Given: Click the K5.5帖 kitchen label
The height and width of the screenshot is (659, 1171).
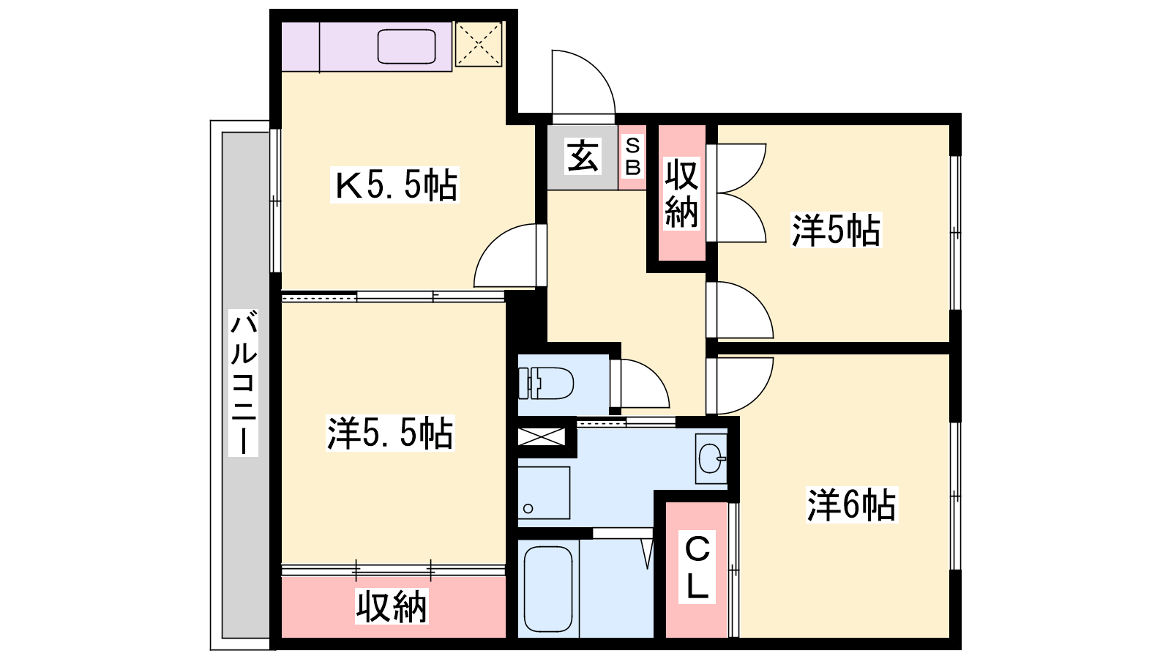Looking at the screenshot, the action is tap(395, 185).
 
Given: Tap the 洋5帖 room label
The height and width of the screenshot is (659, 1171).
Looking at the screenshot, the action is tap(836, 231).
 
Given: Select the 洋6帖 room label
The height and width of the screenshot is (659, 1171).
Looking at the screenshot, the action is tap(852, 505).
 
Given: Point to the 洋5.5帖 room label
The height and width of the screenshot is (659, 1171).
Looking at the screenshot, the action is tap(390, 433).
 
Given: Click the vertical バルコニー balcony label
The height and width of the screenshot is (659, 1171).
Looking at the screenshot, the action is tap(244, 382).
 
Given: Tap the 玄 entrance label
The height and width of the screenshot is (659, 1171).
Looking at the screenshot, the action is tap(583, 156).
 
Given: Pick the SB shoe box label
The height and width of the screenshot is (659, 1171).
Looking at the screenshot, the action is tap(632, 157).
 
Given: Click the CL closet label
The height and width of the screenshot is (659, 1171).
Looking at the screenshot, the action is tap(697, 567).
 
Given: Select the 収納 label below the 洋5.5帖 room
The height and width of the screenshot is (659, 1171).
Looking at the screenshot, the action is tap(392, 606).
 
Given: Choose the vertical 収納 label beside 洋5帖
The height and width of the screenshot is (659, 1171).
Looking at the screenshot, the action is tap(681, 193).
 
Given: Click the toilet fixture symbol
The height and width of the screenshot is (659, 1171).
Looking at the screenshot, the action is tap(546, 384).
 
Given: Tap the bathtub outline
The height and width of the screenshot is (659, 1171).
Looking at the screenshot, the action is tap(548, 589).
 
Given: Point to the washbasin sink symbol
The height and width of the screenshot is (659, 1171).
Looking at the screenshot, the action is tap(711, 458).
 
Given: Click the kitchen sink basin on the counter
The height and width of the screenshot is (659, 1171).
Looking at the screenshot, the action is tap(407, 47).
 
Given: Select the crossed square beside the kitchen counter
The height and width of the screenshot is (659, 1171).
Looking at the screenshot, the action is tap(479, 44).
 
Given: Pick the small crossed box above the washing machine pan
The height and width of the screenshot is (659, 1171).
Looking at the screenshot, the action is tap(542, 436).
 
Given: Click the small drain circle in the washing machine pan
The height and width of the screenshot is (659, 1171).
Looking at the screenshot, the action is tap(528, 508).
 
